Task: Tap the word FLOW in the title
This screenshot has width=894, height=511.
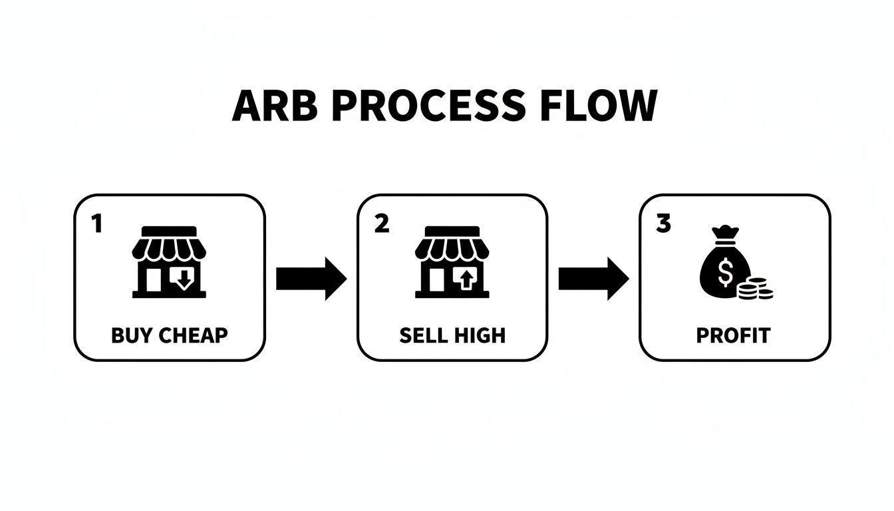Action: (x=603, y=106)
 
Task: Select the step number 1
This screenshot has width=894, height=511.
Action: (x=97, y=225)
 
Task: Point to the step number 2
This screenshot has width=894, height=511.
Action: (x=381, y=225)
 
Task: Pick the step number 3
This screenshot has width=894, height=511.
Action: (x=663, y=225)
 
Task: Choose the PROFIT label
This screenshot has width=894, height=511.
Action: (x=733, y=335)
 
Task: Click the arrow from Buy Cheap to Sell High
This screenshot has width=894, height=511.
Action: (x=311, y=279)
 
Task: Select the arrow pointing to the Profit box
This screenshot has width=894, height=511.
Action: (x=593, y=279)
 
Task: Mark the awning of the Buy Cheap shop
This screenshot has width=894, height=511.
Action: (x=170, y=248)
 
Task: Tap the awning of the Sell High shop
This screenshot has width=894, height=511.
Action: (x=452, y=248)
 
